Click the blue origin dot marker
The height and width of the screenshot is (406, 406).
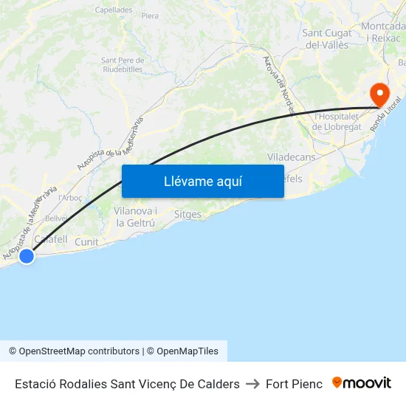click(x=27, y=256)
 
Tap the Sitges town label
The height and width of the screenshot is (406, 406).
click(x=187, y=214)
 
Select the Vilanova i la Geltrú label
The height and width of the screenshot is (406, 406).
click(x=135, y=216)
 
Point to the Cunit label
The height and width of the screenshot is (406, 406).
click(x=86, y=241)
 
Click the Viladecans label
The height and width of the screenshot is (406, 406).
click(x=291, y=157)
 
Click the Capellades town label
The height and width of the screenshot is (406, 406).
click(x=113, y=10)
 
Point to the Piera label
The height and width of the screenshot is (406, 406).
click(x=150, y=16)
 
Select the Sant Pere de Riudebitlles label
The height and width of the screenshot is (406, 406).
click(x=122, y=65)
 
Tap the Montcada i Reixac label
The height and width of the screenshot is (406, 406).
click(x=384, y=32)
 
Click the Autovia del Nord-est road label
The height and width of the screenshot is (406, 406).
click(x=278, y=85)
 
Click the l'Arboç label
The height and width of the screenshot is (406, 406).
click(x=70, y=198)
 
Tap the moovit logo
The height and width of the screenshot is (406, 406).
click(x=362, y=383)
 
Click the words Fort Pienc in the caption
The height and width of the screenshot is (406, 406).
click(x=294, y=384)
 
